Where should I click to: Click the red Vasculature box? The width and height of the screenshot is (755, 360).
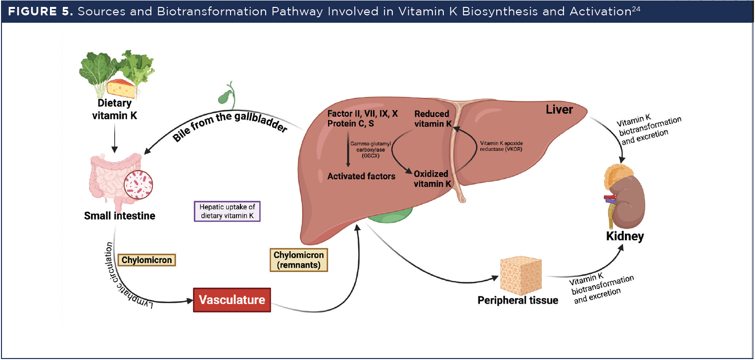click(x=232, y=300)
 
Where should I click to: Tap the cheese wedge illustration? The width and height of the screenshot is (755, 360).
click(x=121, y=89)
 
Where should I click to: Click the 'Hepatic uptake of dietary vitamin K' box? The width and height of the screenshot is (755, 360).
click(x=227, y=211)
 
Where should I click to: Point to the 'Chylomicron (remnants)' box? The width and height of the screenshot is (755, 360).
click(x=299, y=260)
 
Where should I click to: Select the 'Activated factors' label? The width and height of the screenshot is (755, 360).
click(x=361, y=176)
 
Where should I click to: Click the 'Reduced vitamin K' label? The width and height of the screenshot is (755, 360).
click(x=432, y=119)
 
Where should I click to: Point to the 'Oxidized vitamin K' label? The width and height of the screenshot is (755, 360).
click(x=431, y=179)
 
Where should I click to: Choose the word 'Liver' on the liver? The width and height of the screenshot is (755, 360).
click(x=559, y=109)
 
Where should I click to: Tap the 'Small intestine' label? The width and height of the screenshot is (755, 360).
click(x=120, y=216)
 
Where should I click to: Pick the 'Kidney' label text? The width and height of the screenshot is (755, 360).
click(x=625, y=236)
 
